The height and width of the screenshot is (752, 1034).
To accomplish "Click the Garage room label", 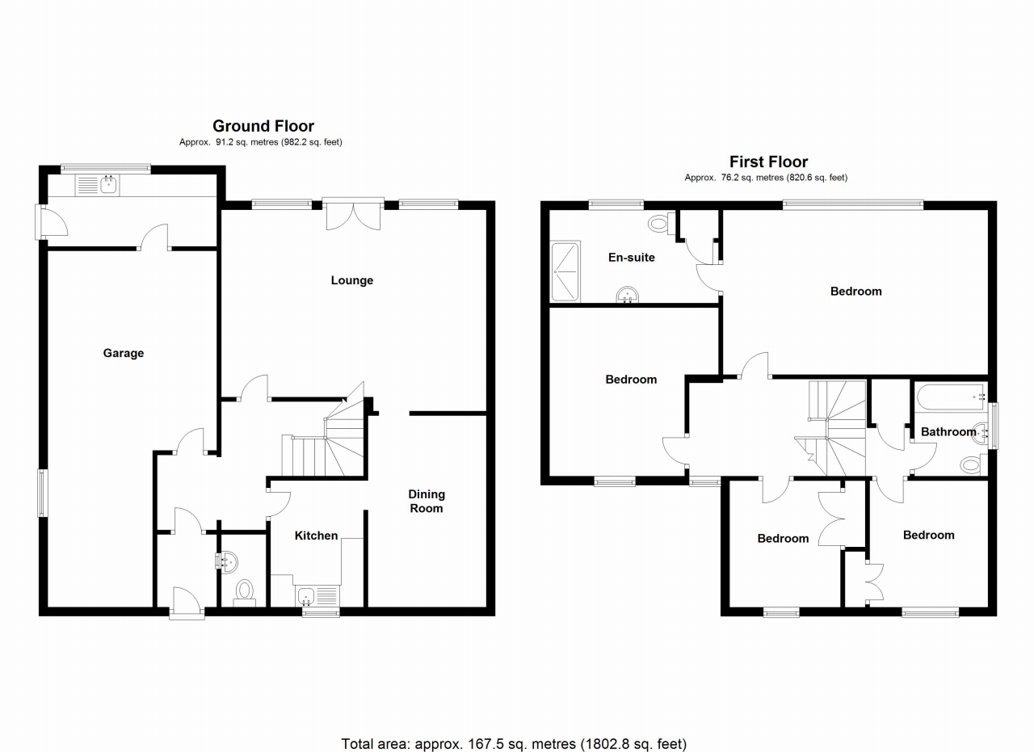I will pyautogui.click(x=123, y=353).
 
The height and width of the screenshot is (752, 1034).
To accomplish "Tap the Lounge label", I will pyautogui.click(x=352, y=280).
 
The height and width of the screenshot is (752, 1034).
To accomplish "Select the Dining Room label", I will pyautogui.click(x=426, y=501).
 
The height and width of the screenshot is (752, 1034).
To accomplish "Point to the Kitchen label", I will pyautogui.click(x=316, y=536).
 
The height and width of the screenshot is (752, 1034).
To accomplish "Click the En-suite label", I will pyautogui.click(x=631, y=258).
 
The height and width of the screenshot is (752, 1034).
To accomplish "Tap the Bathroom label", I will pyautogui.click(x=948, y=431).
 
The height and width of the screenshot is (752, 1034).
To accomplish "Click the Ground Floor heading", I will pyautogui.click(x=263, y=126).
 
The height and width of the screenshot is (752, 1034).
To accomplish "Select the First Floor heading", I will pyautogui.click(x=768, y=162).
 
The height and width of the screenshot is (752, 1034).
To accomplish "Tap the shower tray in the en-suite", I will pyautogui.click(x=565, y=271).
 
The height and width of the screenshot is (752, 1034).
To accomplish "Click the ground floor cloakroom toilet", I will pyautogui.click(x=244, y=592).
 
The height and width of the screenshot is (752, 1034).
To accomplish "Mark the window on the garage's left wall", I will pyautogui.click(x=42, y=492).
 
